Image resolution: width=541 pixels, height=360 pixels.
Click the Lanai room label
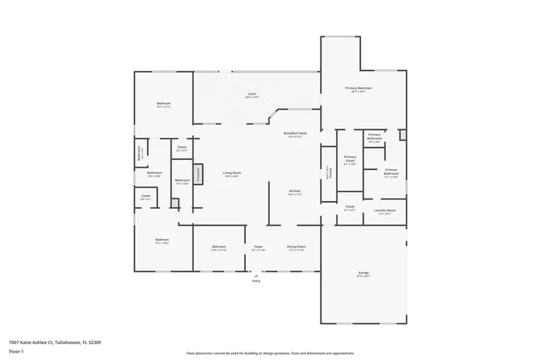[252, 95]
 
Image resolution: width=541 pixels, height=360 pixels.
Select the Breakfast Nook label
[295, 134]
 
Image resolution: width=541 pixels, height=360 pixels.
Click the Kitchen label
[295, 192]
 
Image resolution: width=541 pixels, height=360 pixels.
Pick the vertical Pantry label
[330, 172]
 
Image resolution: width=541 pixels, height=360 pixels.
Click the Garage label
[363, 274]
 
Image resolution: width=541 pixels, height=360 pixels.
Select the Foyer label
[259, 248]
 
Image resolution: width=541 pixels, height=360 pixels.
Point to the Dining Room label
[297, 248]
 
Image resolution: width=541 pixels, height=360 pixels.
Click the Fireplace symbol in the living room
[199, 173]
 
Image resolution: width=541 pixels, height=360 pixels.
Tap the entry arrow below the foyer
[255, 274]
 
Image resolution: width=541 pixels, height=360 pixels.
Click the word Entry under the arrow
[255, 281]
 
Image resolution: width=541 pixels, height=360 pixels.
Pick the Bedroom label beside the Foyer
[218, 248]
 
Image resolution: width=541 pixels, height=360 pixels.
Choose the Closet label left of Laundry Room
[349, 207]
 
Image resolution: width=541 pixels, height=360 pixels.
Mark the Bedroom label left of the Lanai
[164, 105]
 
